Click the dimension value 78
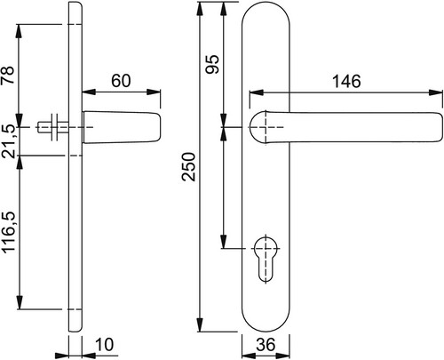tap(8, 75)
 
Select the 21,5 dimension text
tap(8, 141)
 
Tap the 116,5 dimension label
tap(9, 231)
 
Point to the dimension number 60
tap(121, 80)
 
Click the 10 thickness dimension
tap(105, 345)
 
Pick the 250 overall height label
tap(189, 166)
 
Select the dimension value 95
tap(212, 64)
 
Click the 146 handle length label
tap(347, 81)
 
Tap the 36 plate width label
tap(266, 345)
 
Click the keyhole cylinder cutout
tap(266, 259)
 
